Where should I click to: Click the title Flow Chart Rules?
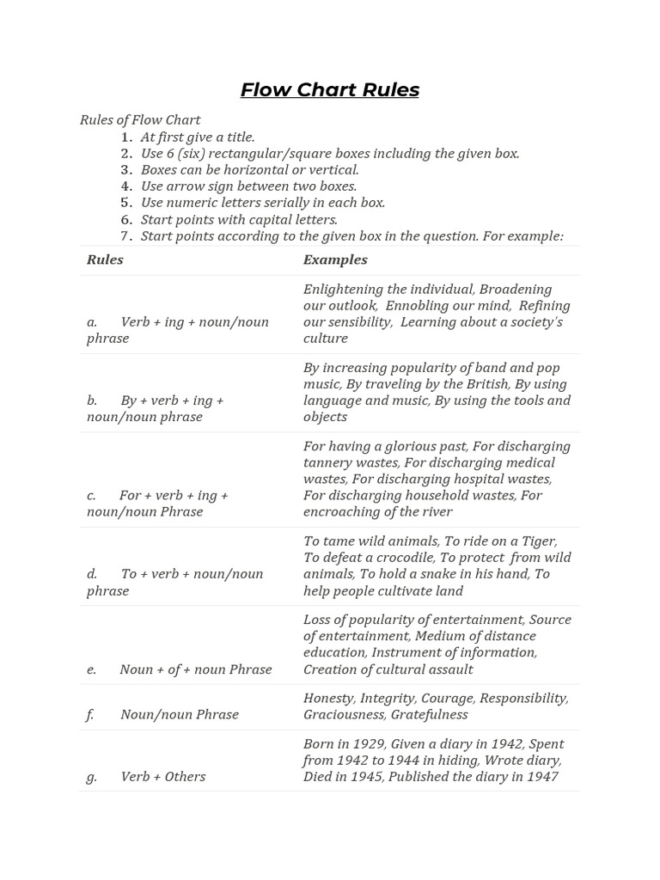click(x=329, y=90)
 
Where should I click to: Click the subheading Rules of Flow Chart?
click(x=140, y=120)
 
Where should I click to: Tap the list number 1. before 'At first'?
click(x=126, y=137)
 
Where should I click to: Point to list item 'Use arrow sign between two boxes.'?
click(x=248, y=186)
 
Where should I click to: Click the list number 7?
click(x=126, y=235)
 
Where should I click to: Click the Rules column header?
click(x=105, y=260)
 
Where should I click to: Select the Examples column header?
click(x=335, y=260)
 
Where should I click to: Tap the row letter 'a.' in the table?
click(x=92, y=322)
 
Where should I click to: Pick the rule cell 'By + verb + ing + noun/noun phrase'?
click(x=155, y=408)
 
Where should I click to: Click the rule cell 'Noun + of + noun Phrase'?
click(x=195, y=669)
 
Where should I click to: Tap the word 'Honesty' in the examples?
click(x=327, y=698)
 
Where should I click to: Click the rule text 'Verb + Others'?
click(x=163, y=777)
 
